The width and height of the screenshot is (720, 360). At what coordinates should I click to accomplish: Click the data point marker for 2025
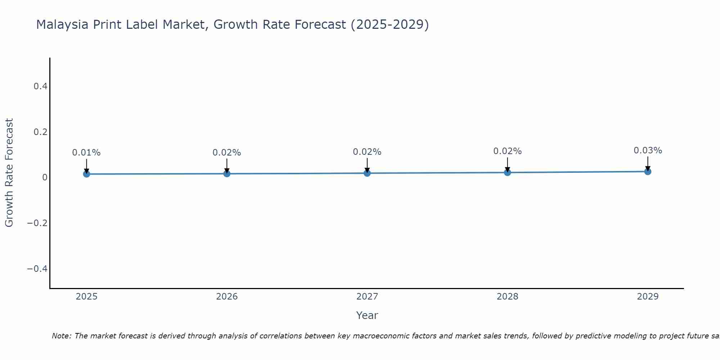click(x=86, y=174)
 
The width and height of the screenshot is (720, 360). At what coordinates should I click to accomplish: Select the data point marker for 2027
click(x=367, y=173)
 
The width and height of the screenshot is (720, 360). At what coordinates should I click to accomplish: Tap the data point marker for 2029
click(x=648, y=171)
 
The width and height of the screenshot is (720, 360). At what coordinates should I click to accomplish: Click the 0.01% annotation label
click(x=86, y=153)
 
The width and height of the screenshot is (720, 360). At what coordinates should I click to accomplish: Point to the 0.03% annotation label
click(x=648, y=150)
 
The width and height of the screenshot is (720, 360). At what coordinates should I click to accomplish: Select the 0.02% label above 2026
click(x=227, y=153)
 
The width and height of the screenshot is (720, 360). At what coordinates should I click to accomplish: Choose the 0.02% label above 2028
click(x=507, y=151)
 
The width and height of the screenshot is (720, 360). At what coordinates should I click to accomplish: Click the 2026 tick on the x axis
click(x=227, y=297)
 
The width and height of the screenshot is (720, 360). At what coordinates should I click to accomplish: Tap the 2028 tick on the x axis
click(x=507, y=297)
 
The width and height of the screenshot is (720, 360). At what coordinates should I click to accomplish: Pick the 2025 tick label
click(x=87, y=297)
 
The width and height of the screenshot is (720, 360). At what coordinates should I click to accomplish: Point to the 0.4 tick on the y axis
click(x=40, y=86)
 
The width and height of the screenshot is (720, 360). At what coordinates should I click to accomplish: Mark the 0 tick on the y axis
click(x=45, y=177)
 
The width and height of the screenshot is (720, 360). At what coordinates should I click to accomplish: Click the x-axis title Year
click(x=367, y=315)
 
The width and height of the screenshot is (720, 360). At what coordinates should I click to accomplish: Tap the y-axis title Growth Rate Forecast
click(x=9, y=172)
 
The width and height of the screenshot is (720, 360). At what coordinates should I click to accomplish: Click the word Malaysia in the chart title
click(x=62, y=24)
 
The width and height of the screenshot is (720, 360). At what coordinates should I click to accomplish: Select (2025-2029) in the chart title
click(x=390, y=24)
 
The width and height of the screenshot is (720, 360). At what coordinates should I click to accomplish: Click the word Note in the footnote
click(x=61, y=336)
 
